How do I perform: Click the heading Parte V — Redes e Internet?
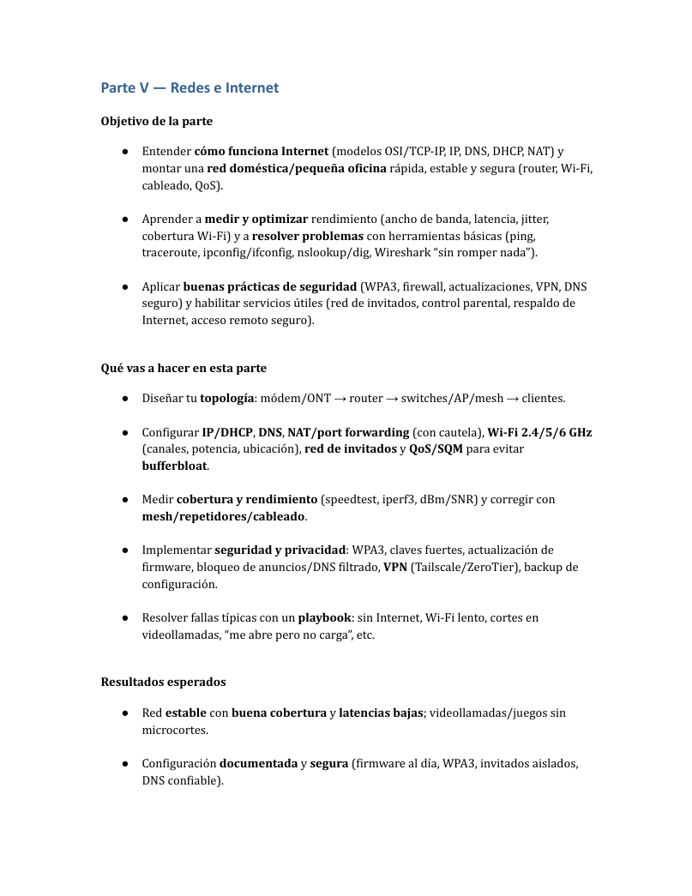click(190, 87)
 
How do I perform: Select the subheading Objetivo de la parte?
click(157, 121)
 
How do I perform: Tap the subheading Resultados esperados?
click(163, 682)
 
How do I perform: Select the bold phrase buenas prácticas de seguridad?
click(270, 286)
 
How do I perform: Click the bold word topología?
click(226, 399)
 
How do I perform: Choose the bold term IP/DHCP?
click(226, 432)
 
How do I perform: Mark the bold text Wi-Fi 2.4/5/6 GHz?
click(539, 432)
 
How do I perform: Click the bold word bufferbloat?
click(174, 466)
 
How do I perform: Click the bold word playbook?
click(324, 617)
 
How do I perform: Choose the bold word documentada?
click(258, 763)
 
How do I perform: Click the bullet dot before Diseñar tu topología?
click(125, 399)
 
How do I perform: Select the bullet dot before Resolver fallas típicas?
click(125, 617)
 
